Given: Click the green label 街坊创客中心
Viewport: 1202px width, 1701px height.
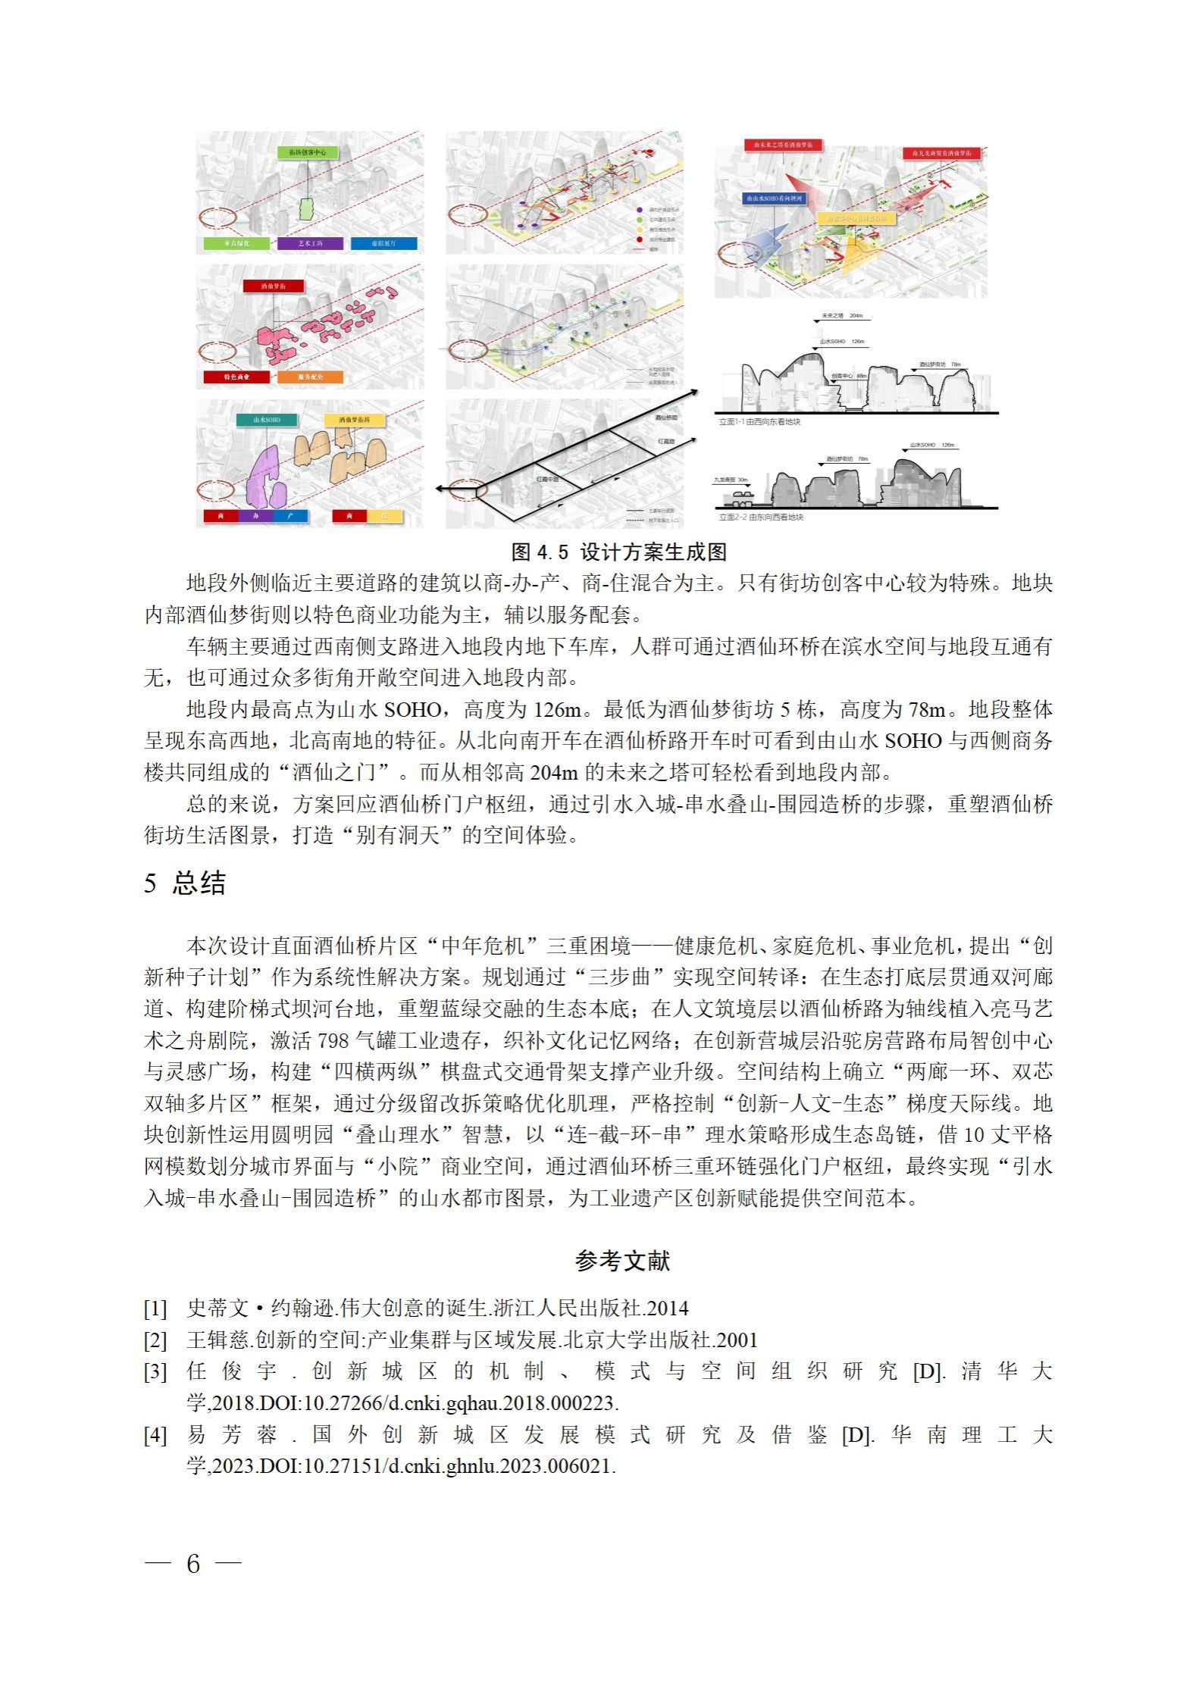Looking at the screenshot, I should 307,152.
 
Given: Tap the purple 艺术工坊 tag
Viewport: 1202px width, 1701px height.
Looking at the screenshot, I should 310,243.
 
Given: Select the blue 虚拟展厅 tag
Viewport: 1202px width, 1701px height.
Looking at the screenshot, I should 383,243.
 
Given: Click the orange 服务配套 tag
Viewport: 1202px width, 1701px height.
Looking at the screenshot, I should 310,377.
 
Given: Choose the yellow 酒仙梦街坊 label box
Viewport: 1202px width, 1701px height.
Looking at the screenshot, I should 354,419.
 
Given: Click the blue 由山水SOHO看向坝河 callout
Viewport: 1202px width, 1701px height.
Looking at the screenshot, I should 774,199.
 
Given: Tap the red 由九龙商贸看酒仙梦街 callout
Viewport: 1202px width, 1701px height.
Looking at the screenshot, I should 942,153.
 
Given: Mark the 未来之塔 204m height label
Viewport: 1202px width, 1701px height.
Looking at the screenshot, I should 841,315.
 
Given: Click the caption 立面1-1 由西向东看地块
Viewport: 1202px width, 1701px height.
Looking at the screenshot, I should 759,422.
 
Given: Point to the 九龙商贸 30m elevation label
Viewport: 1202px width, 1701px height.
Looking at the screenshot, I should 732,480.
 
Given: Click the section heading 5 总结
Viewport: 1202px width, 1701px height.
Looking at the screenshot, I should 185,883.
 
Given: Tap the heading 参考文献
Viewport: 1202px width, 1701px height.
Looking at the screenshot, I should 622,1261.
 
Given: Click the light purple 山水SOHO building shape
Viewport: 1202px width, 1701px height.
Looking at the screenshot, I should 264,477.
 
